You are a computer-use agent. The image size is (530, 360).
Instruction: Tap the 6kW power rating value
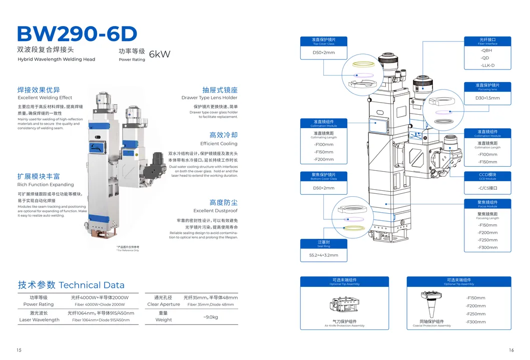[160, 54]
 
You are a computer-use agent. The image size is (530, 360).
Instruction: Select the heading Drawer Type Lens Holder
[209, 98]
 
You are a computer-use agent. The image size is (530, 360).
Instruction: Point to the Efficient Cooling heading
[219, 144]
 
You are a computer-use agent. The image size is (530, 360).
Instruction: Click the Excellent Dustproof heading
[216, 211]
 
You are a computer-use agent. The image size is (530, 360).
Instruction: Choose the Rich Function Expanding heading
[46, 184]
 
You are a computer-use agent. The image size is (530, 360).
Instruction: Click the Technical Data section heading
[71, 285]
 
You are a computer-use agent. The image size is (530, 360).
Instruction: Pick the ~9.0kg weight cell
[210, 316]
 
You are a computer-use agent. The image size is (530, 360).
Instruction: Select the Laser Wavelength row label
[39, 319]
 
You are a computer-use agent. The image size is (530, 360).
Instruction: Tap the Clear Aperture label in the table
[164, 304]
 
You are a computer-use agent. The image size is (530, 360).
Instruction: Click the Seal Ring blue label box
[323, 243]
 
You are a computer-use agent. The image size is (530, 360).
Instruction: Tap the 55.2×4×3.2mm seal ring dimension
[320, 255]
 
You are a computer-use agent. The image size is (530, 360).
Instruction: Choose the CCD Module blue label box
[487, 176]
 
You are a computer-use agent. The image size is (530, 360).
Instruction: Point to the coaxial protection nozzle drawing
[430, 303]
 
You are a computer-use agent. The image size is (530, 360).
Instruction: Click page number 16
[511, 350]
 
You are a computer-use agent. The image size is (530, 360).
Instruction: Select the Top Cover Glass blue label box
[323, 41]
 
